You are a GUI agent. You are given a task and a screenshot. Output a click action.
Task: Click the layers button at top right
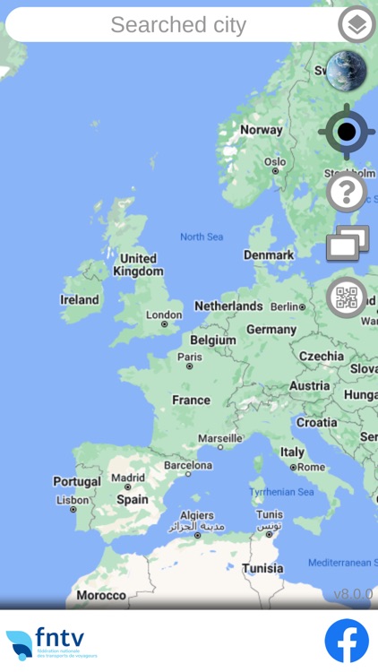(x=357, y=25)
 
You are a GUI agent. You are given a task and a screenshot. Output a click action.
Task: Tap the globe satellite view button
(x=346, y=72)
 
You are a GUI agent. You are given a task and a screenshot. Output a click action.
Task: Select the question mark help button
(x=346, y=192)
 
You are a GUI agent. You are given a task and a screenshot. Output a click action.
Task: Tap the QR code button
(x=346, y=298)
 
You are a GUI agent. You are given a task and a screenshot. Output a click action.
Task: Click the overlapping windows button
(x=347, y=244)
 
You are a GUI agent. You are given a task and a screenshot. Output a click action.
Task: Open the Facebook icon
(x=347, y=641)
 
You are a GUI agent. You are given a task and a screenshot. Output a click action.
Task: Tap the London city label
(x=164, y=314)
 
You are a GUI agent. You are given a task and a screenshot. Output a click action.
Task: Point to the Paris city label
(x=190, y=357)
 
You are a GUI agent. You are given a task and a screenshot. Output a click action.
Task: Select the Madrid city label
(x=128, y=478)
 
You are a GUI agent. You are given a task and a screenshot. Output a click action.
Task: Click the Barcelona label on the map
(x=188, y=466)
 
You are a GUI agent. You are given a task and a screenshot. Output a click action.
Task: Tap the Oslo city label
(x=275, y=162)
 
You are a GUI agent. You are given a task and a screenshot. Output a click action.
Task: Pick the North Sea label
(x=202, y=237)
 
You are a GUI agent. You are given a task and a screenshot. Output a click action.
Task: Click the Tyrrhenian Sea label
(x=281, y=492)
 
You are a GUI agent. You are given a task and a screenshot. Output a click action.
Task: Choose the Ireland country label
(x=80, y=300)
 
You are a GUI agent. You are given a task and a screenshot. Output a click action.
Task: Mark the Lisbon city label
(x=73, y=500)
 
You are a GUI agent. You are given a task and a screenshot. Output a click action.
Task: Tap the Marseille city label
(x=219, y=438)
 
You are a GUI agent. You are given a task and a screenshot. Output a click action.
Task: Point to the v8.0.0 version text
(x=353, y=594)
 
